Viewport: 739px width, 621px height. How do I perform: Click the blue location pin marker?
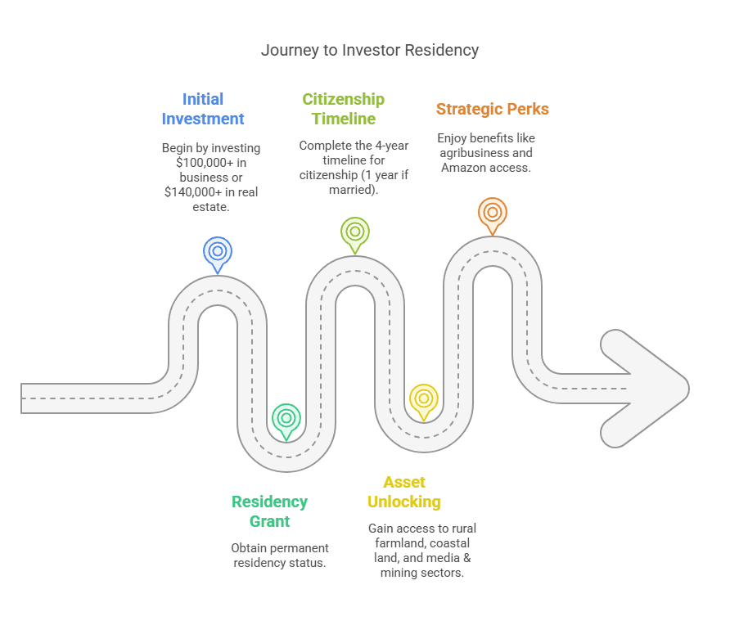pos(218,251)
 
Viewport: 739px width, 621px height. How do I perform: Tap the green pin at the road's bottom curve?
pos(286,418)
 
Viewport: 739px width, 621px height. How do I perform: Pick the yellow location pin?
pos(423,398)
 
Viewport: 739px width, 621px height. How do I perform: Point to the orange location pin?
pos(492,212)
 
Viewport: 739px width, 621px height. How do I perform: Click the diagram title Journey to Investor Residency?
pos(370,50)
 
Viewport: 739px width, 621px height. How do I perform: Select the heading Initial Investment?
pos(203,109)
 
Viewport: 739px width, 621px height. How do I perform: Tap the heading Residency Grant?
pos(269,511)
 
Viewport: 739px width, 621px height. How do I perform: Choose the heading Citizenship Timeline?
pos(343,109)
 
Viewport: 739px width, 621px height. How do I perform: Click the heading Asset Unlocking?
pos(404,492)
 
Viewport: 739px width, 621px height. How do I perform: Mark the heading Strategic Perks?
pos(492,109)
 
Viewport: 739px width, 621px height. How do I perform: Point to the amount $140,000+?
pos(195,192)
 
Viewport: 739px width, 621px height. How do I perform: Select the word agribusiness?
pos(475,153)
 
